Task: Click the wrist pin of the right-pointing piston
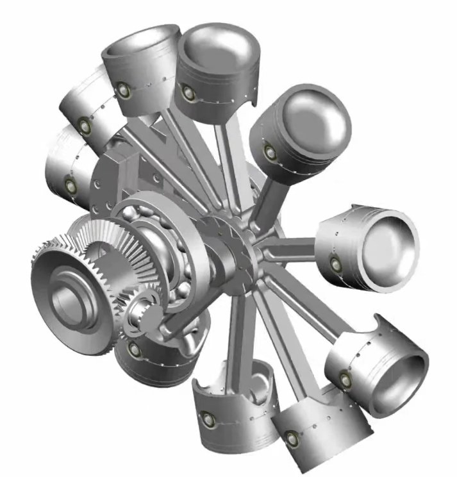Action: tap(334, 262)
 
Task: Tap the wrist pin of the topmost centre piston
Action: tap(188, 92)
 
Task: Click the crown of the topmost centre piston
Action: tap(218, 45)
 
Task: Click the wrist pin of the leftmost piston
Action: tap(71, 186)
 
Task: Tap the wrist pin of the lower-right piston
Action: tap(346, 380)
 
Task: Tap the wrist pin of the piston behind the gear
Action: tap(134, 349)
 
